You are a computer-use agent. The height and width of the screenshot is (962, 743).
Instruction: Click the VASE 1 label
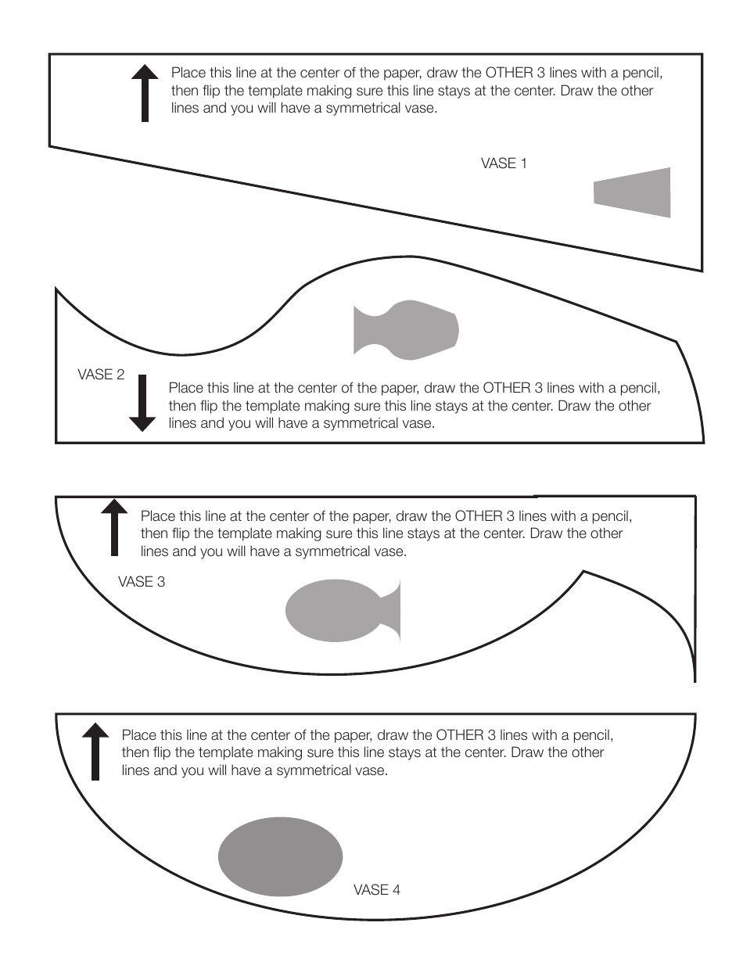[x=504, y=163]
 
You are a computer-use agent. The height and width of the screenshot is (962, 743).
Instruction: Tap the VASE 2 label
[x=101, y=375]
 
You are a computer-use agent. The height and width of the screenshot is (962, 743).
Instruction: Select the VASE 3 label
[x=142, y=582]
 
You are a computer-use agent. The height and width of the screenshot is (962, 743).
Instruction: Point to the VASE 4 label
[x=377, y=890]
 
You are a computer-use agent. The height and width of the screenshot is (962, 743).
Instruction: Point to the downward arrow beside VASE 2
[x=142, y=403]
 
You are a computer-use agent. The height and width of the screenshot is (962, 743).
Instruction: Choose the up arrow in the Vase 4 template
[x=95, y=751]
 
